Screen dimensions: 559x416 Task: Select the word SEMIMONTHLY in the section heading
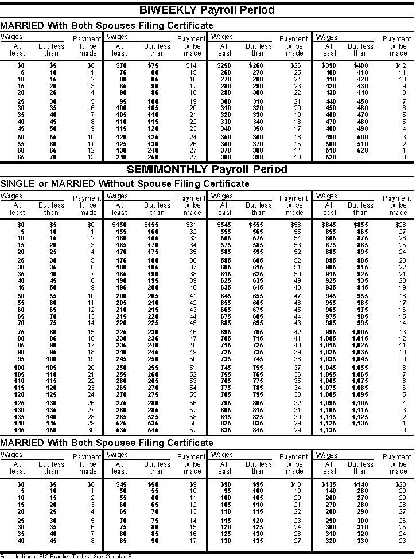click(x=167, y=170)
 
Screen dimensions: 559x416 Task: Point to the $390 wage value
click(x=329, y=65)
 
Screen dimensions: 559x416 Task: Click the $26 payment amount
click(x=296, y=65)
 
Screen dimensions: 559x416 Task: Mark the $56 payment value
click(x=296, y=224)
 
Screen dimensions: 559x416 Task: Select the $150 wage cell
click(x=119, y=224)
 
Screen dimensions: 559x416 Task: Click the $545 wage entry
click(x=224, y=224)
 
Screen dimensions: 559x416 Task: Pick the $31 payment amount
click(x=191, y=224)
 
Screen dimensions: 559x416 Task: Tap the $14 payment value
click(x=191, y=65)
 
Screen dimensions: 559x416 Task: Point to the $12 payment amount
click(x=401, y=65)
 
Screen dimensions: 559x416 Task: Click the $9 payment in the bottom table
click(x=193, y=484)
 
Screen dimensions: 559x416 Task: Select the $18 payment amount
click(x=296, y=484)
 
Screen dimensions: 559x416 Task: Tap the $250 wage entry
click(x=224, y=65)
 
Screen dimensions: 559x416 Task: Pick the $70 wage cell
click(x=120, y=65)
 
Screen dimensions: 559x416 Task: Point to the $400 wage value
click(x=361, y=65)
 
